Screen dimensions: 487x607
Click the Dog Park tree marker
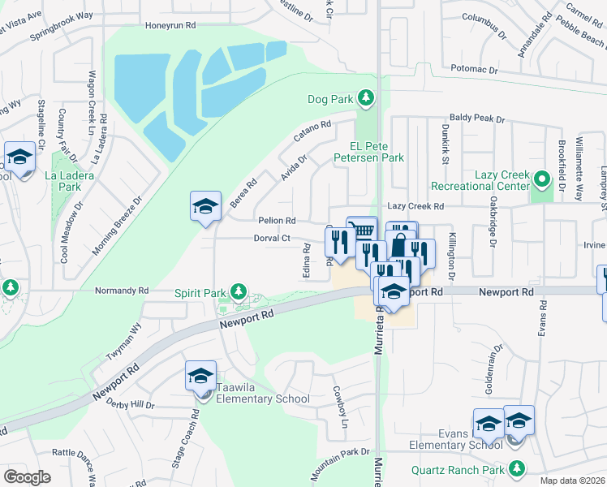[367, 99]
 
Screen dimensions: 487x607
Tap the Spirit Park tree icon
[238, 291]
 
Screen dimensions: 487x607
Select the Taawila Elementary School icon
[200, 378]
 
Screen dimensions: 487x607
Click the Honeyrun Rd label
[170, 25]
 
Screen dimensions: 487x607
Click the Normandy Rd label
[122, 290]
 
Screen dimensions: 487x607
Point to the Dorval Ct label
[273, 238]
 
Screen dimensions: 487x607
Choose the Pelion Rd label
[276, 220]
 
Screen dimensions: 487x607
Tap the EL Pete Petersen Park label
[377, 152]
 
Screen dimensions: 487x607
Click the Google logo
[27, 476]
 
